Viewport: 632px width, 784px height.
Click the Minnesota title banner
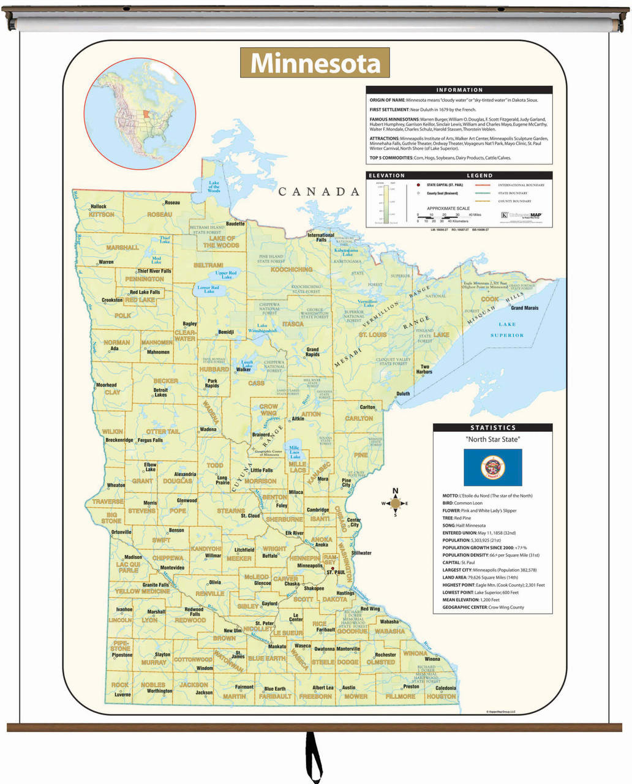click(315, 63)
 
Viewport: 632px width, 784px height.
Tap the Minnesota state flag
click(492, 467)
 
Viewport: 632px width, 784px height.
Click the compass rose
click(395, 503)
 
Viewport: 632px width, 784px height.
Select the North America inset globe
click(140, 114)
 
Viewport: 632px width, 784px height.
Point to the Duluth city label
click(402, 394)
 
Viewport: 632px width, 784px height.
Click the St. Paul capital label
click(336, 572)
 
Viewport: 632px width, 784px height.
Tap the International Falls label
click(321, 238)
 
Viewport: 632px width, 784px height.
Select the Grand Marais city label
click(524, 308)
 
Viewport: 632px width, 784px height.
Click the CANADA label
click(319, 192)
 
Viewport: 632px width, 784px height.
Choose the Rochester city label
click(385, 655)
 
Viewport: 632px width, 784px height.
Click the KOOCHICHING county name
click(292, 269)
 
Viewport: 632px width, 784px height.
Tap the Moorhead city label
click(106, 385)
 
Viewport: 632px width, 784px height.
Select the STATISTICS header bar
click(492, 428)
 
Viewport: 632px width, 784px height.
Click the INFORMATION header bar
click(459, 90)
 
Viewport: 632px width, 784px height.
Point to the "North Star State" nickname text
click(492, 439)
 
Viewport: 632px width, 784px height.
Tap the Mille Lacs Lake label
click(295, 452)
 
